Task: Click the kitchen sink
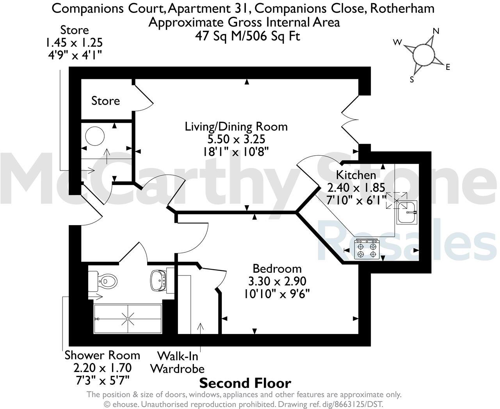point(407,212)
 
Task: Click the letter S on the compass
point(411,80)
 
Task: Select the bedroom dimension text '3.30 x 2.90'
point(277,281)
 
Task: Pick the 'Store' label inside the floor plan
point(105,101)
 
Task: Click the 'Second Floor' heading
point(245,383)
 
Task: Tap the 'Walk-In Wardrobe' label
point(178,362)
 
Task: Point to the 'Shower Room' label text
point(102,355)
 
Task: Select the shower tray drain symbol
point(128,319)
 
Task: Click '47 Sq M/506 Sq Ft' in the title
point(247,36)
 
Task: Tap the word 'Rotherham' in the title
point(402,8)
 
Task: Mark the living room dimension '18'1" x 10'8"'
point(236,151)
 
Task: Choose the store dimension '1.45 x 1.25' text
point(74,42)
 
